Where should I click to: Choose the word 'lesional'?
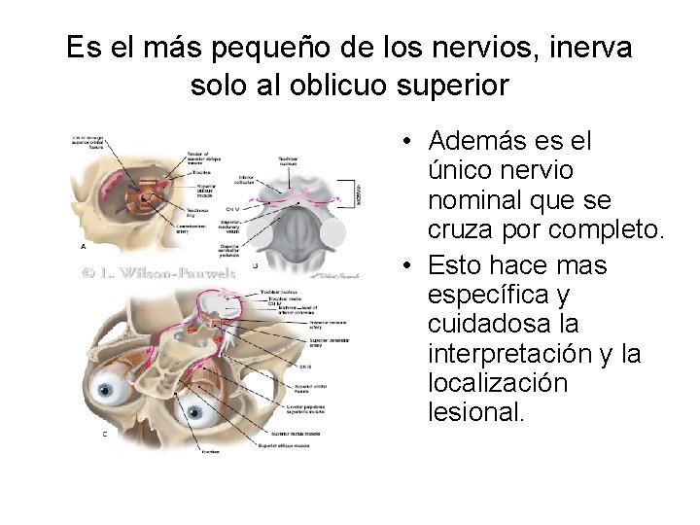[x=475, y=414]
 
